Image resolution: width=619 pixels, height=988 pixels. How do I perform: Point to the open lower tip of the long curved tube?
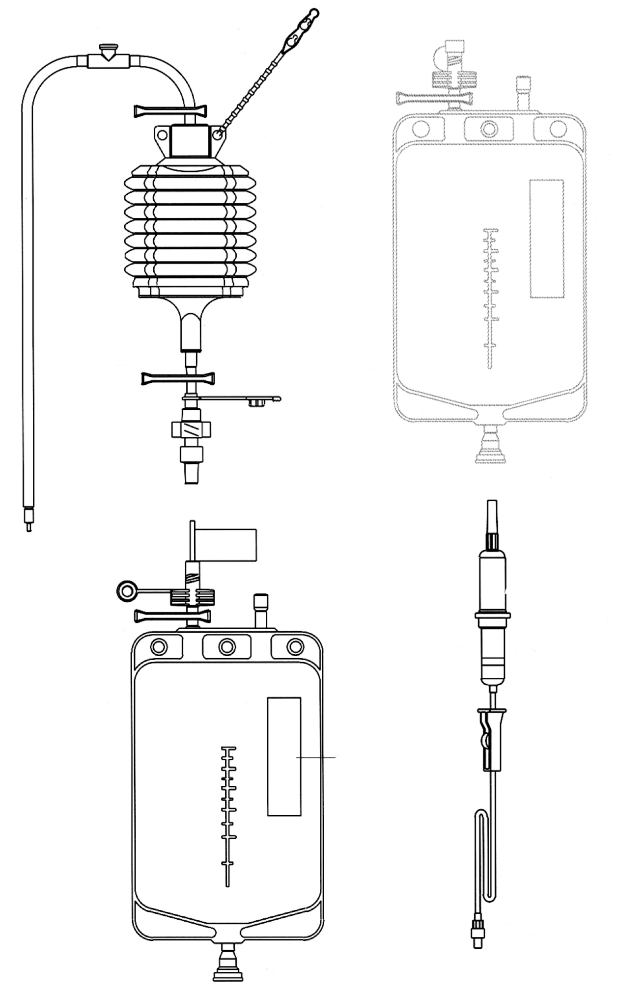[x=29, y=527]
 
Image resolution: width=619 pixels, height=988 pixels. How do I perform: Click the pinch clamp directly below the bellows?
[x=179, y=378]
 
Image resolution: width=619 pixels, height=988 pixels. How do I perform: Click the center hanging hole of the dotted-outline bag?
[x=488, y=129]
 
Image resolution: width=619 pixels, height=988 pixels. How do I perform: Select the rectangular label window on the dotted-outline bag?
[x=546, y=239]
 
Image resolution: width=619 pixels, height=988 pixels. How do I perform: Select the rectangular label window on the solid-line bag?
[x=284, y=756]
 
